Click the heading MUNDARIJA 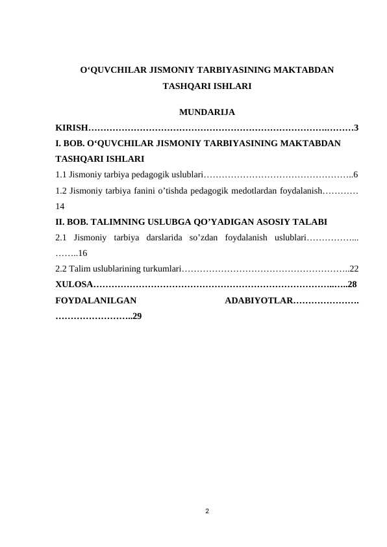206,111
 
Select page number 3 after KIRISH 357,127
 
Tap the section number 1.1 62,174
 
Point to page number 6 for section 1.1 356,174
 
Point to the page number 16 83,253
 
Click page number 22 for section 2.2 355,269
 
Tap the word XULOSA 75,285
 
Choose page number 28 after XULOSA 352,285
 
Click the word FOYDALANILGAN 96,301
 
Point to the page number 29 138,316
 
